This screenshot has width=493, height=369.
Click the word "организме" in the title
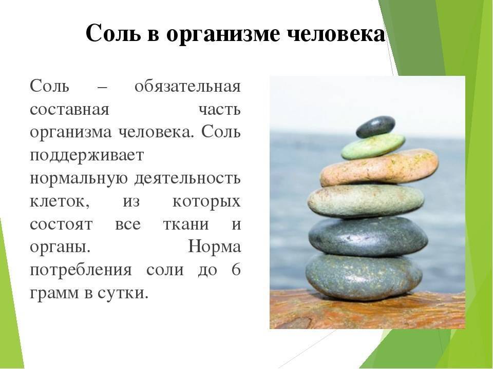222,34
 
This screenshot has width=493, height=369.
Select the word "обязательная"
188,86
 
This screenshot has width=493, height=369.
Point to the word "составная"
69,110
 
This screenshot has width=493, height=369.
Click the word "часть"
220,110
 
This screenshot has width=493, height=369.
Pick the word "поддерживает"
87,156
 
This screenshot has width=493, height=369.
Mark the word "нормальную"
79,178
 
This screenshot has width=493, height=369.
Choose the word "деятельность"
188,178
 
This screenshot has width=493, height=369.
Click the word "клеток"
60,202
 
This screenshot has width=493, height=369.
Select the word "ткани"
186,224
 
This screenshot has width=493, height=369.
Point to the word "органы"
60,248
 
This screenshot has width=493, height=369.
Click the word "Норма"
215,247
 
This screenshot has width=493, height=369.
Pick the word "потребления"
81,270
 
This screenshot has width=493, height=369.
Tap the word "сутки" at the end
122,294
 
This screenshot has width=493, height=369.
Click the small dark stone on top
375,127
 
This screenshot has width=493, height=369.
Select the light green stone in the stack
373,146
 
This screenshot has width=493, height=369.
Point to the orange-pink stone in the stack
379,168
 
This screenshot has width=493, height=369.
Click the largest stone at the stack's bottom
364,276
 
